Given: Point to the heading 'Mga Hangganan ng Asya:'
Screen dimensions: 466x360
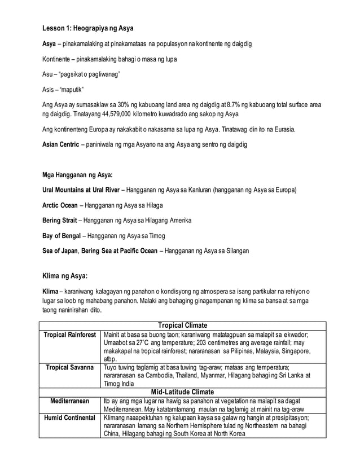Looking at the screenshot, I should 77,174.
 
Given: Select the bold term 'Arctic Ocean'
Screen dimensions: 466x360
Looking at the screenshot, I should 62,204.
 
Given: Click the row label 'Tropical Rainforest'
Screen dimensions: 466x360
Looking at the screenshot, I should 71,335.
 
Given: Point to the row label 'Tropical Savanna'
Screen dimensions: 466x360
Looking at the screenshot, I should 71,367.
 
